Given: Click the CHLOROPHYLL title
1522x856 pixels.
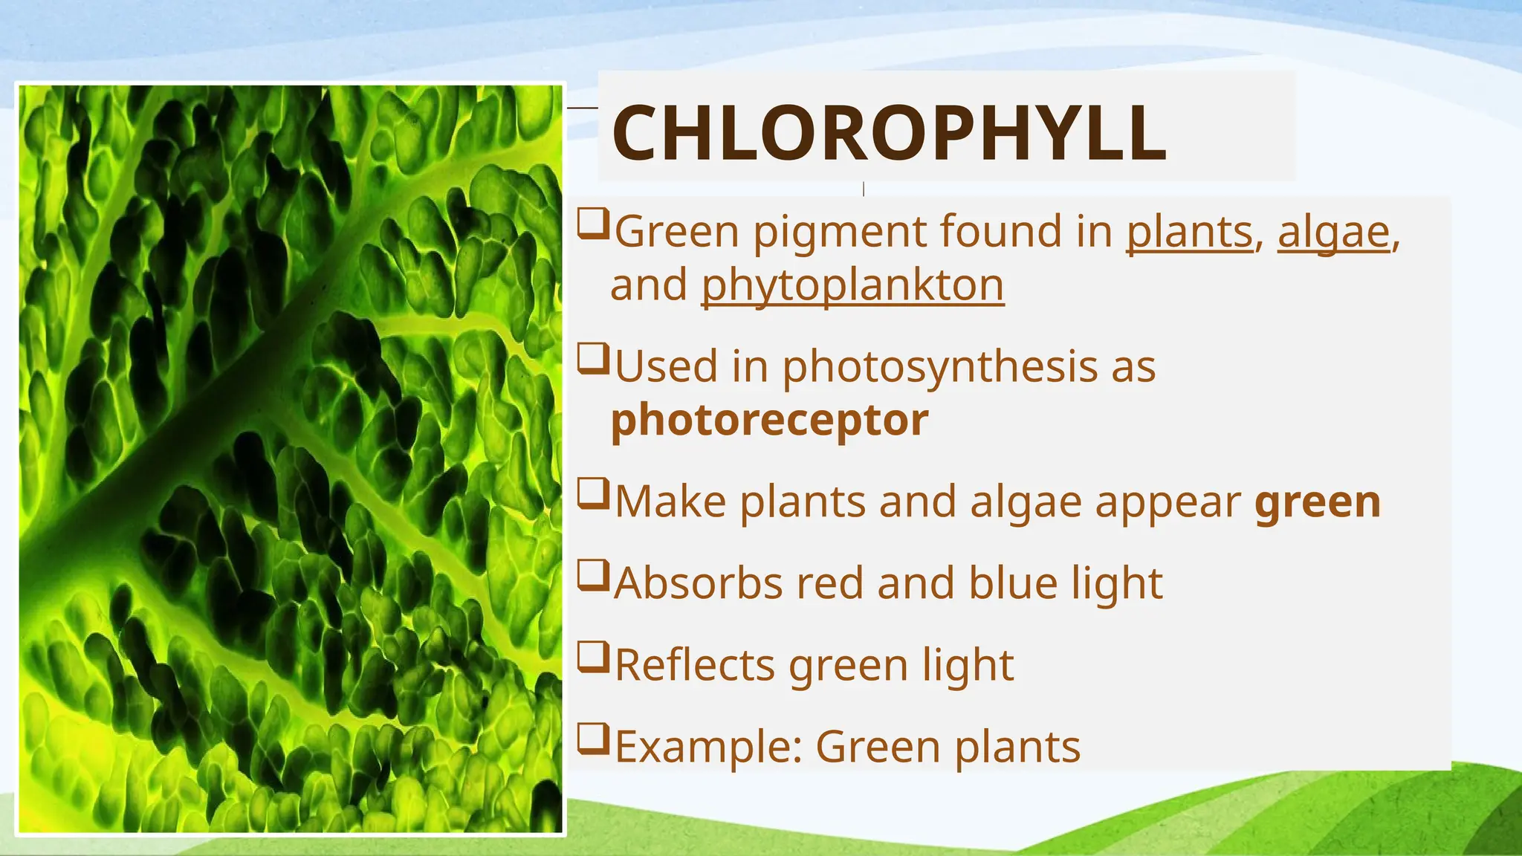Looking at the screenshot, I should pyautogui.click(x=888, y=133).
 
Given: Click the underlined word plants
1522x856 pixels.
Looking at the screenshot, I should pyautogui.click(x=1190, y=232).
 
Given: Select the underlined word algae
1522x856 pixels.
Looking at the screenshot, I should pyautogui.click(x=1333, y=232).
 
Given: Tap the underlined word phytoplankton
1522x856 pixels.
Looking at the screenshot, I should pyautogui.click(x=852, y=286).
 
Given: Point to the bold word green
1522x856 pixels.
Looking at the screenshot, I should pyautogui.click(x=1317, y=502).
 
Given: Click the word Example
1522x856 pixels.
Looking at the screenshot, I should pyautogui.click(x=708, y=747).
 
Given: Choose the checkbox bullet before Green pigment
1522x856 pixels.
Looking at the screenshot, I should pyautogui.click(x=592, y=224).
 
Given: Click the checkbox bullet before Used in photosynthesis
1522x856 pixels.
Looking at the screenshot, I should pyautogui.click(x=592, y=360).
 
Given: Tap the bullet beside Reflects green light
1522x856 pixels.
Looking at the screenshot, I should pyautogui.click(x=592, y=658).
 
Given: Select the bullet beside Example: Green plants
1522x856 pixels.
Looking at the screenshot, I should pyautogui.click(x=592, y=739).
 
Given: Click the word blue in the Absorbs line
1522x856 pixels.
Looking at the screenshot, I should pyautogui.click(x=1013, y=583).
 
